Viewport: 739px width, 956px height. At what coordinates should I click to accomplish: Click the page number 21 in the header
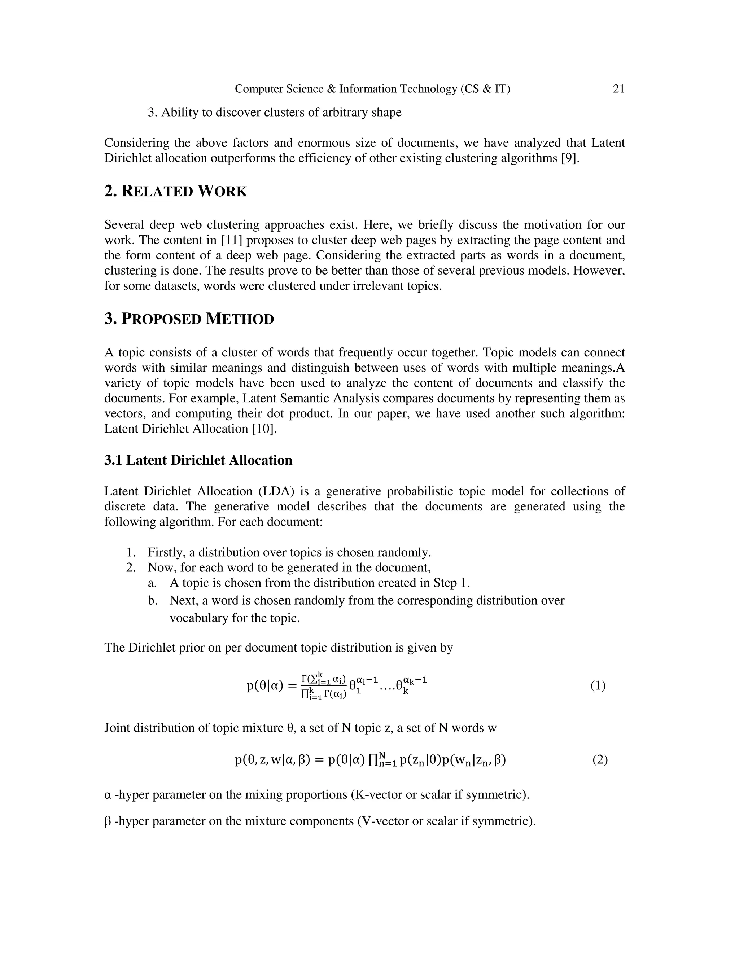tap(618, 89)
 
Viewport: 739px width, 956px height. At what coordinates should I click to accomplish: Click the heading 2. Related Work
tap(176, 191)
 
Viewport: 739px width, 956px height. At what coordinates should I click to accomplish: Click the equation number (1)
tap(598, 685)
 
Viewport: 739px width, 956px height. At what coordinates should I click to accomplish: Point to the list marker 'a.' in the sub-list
tap(152, 583)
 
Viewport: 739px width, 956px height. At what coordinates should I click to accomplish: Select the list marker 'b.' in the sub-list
tap(152, 601)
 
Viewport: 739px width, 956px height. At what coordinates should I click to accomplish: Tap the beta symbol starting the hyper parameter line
tap(108, 821)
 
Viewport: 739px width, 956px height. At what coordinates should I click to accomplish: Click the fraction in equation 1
tap(324, 686)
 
